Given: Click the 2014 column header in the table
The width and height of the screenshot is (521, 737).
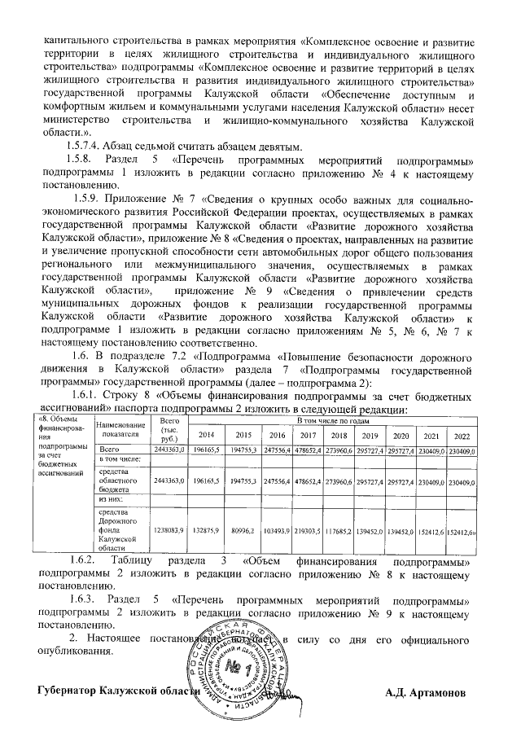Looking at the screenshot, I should (207, 434).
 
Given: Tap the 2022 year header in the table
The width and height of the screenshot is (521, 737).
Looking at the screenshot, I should (463, 434).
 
